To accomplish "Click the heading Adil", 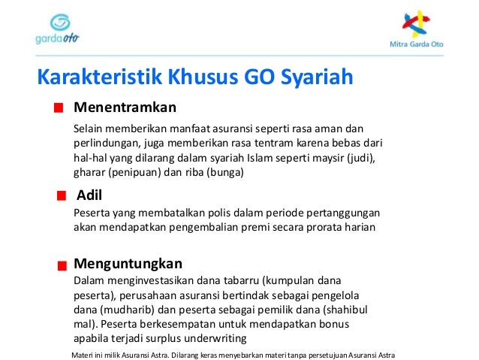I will tap(89, 195).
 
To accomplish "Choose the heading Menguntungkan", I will tap(128, 264).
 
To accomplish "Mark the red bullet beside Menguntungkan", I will tap(60, 265).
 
